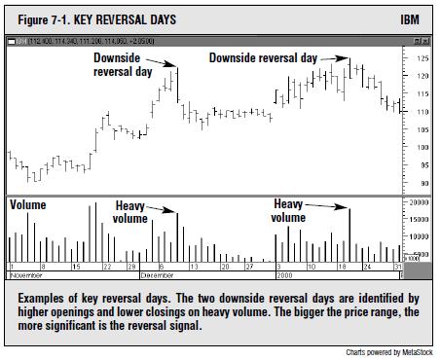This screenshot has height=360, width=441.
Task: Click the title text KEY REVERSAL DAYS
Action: coord(126,19)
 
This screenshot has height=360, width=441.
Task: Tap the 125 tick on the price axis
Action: coord(422,57)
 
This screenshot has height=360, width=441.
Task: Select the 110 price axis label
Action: coord(422,111)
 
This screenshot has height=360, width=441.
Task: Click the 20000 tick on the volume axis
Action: coord(420,202)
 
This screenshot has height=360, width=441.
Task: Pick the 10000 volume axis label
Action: coord(420,236)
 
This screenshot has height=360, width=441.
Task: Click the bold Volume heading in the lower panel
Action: coord(28,205)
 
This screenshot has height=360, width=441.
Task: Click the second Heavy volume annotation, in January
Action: coord(289,211)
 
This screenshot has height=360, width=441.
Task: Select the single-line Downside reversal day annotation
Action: coord(263,58)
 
